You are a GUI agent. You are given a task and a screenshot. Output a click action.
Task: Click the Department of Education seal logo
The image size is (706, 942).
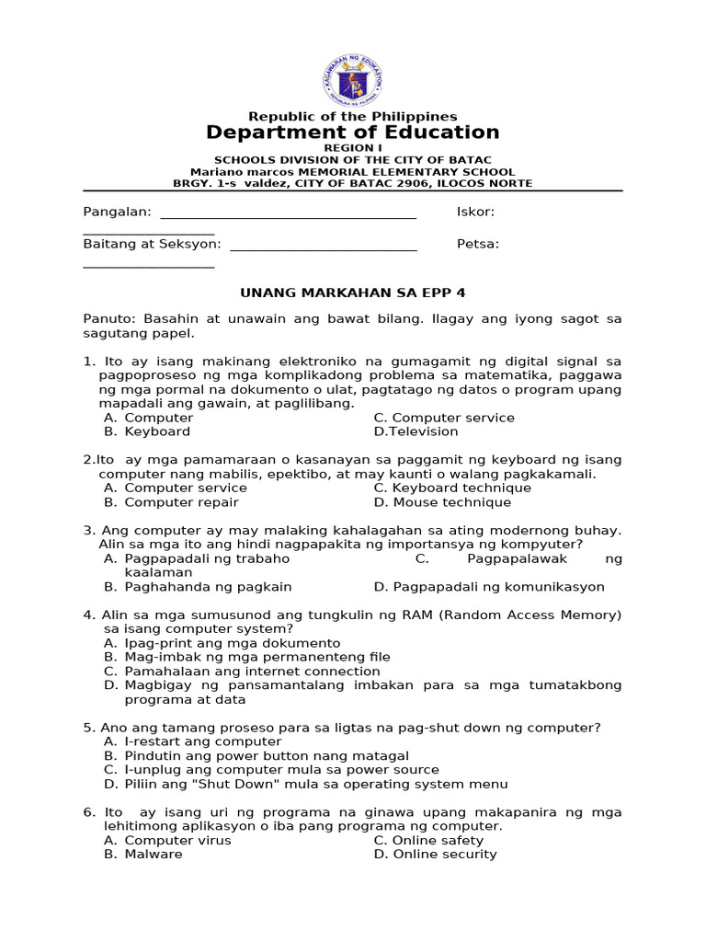[353, 80]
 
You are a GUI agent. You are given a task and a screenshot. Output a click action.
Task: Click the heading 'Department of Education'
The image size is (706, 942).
[353, 132]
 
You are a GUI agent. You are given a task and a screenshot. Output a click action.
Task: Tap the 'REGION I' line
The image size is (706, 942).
[353, 148]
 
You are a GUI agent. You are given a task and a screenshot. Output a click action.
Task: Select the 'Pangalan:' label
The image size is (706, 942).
[117, 213]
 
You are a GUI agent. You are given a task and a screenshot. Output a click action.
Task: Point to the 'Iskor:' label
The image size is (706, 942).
[475, 213]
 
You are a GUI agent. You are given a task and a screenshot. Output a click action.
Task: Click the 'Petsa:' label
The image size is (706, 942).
[478, 244]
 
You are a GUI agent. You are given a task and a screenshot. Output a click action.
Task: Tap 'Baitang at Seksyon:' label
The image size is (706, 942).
[152, 244]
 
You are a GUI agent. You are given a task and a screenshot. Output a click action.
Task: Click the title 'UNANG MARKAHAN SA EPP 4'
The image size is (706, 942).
[353, 293]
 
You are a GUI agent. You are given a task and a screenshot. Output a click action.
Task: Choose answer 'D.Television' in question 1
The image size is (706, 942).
[416, 431]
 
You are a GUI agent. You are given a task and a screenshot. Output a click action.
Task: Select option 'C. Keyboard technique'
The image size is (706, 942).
[452, 488]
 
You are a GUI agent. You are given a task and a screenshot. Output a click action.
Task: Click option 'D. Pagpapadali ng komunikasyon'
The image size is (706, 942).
[489, 586]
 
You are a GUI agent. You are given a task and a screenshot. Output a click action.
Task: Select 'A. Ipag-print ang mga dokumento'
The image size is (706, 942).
[222, 643]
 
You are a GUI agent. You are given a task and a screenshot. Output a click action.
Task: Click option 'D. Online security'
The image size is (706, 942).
[435, 854]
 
